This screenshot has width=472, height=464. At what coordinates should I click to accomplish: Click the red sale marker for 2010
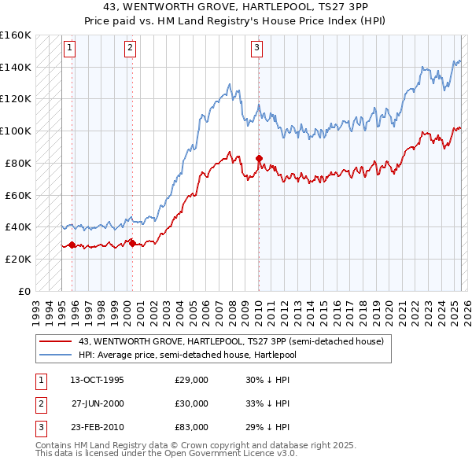coord(259,158)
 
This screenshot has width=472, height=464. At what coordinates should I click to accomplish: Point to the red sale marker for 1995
coord(72,245)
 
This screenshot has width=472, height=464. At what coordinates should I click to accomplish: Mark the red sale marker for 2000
coord(132,243)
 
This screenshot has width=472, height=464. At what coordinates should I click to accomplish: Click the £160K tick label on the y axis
coord(16,35)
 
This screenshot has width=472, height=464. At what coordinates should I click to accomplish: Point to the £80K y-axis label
coord(18,163)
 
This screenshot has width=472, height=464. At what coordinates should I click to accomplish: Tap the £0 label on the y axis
coord(24,291)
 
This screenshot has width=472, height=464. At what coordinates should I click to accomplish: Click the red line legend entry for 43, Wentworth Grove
coord(230,341)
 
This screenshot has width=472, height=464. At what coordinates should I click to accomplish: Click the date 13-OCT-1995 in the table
coord(97,380)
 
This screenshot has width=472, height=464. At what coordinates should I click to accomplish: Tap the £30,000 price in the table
coord(191,403)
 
